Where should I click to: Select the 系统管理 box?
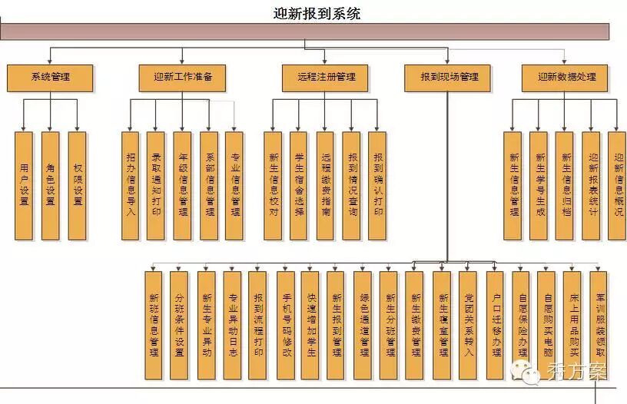(x=50, y=77)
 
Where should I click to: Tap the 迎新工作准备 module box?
(x=183, y=77)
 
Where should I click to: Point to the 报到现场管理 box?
(x=449, y=77)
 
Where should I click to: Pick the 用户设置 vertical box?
(x=25, y=185)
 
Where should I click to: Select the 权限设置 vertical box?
(x=77, y=185)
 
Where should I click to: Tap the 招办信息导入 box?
(x=131, y=185)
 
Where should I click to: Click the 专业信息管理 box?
(x=234, y=185)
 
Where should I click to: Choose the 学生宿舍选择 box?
(x=299, y=185)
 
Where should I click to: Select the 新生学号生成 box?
(x=539, y=185)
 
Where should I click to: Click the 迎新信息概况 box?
(x=618, y=185)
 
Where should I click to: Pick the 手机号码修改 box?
(x=286, y=325)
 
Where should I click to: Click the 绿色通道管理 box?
(x=364, y=325)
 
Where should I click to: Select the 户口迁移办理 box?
(x=496, y=325)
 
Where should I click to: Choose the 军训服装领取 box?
(x=599, y=325)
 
